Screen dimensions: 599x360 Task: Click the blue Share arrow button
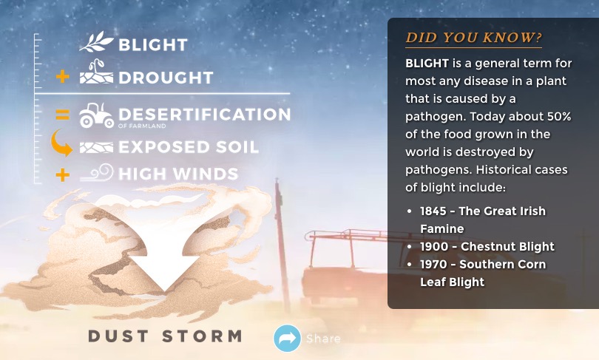tap(287, 339)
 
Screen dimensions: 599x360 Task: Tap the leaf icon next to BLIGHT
tap(96, 41)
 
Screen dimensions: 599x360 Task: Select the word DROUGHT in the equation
tap(166, 78)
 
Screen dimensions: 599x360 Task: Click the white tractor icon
tap(96, 115)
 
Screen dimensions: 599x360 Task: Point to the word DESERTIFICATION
tap(205, 115)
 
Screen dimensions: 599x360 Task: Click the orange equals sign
tap(63, 115)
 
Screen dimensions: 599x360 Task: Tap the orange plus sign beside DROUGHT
tap(63, 77)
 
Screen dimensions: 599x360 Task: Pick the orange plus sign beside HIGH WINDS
tap(63, 175)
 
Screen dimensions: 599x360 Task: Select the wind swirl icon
tap(97, 172)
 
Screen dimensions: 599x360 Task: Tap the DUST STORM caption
tap(165, 336)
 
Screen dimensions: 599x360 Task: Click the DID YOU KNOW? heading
tap(474, 38)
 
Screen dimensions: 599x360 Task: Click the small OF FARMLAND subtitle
tap(142, 126)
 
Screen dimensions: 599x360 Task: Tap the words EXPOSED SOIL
tap(189, 147)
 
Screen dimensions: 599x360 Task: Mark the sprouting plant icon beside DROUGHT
tap(96, 72)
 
